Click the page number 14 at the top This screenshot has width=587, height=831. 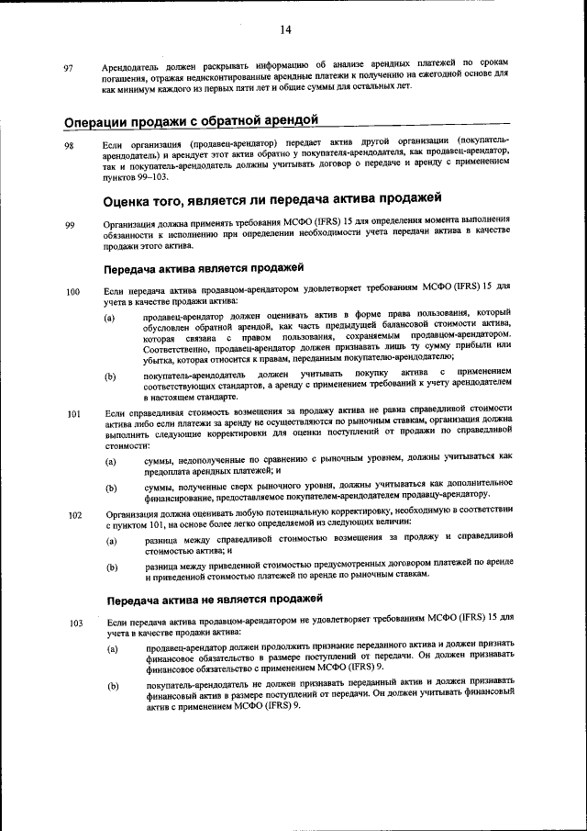pos(285,30)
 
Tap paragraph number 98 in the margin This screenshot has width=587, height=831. pos(69,147)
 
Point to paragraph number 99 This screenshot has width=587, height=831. pos(69,227)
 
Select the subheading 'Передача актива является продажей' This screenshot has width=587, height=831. pos(203,268)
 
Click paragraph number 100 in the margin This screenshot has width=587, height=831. pos(72,293)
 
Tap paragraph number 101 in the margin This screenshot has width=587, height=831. pos(72,413)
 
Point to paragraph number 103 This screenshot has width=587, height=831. pos(72,624)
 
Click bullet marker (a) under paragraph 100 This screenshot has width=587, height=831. pos(110,319)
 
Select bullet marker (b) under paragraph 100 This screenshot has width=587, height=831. pos(110,376)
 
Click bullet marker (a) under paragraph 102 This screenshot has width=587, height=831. pos(110,542)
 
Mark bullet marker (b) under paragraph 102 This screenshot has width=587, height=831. pos(110,567)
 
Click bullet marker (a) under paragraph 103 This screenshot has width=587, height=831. pos(110,650)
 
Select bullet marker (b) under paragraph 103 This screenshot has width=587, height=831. pos(110,686)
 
